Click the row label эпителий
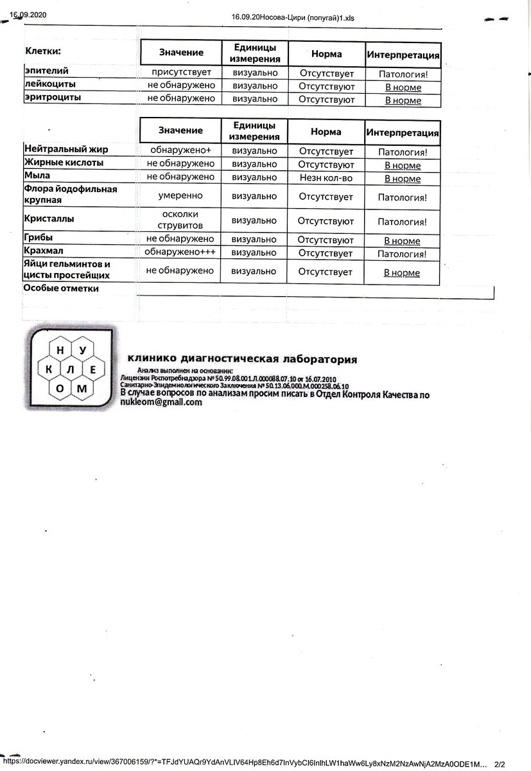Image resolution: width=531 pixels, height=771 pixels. coord(46,71)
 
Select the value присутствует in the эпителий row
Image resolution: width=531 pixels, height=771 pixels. coord(180,73)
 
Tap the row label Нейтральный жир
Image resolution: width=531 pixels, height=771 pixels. coord(65,150)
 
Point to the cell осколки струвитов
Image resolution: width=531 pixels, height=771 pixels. coord(180,220)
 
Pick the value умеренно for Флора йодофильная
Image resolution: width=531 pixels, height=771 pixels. coord(180,195)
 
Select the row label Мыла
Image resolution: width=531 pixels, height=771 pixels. coord(37,175)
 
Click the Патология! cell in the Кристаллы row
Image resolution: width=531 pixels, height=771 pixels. coord(402,222)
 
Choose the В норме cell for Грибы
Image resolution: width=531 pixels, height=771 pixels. coord(402,241)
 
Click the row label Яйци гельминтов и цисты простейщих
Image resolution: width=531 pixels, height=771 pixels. coord(67,270)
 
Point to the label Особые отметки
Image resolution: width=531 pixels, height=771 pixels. coord(61,288)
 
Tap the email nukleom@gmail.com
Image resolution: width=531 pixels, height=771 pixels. coord(161,403)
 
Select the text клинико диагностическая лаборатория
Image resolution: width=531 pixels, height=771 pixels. coord(242,359)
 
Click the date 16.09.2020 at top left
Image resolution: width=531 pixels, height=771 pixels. coord(28,13)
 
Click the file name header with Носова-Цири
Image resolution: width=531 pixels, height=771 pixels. coord(292,18)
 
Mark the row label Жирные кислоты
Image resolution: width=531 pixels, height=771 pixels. coord(64,163)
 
